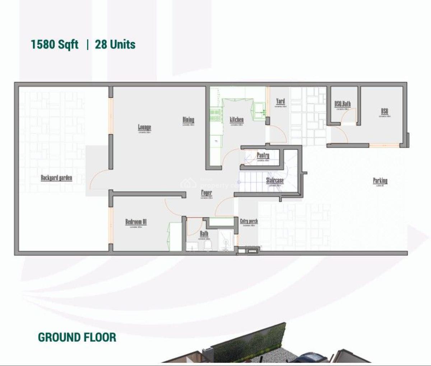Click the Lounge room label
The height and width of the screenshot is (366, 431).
[x=144, y=127]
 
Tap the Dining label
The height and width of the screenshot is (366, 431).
[x=188, y=120]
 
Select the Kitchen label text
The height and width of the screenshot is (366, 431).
[x=237, y=119]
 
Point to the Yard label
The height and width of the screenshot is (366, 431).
[x=280, y=101]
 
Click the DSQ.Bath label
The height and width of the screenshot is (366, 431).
[x=342, y=104]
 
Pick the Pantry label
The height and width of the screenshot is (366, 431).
[x=263, y=155]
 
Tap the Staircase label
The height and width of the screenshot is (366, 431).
[x=275, y=180]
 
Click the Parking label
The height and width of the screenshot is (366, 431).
[x=380, y=180]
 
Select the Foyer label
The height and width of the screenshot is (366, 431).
[x=206, y=193]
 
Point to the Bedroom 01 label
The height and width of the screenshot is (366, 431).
[x=136, y=221]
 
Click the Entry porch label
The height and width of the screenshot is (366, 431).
[x=249, y=221]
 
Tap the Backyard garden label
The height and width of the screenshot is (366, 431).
[x=56, y=177]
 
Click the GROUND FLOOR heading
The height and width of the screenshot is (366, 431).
[x=77, y=337]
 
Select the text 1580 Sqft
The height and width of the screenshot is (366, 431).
[x=54, y=44]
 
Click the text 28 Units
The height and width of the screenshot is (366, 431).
[x=115, y=44]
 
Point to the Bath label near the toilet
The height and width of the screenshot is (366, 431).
[x=204, y=234]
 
